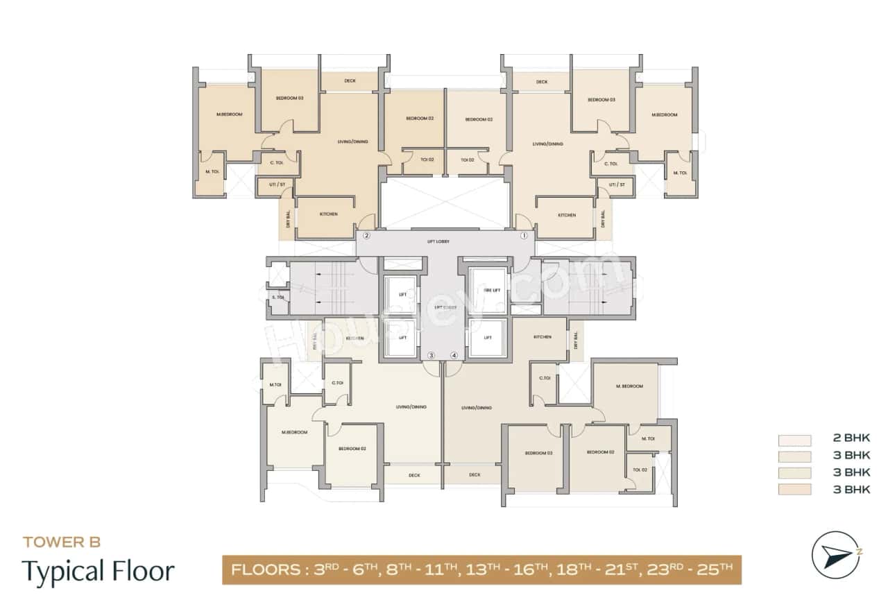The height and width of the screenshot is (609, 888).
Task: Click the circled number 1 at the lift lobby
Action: coord(525,236)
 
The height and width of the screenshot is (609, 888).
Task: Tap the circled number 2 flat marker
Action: coord(366,236)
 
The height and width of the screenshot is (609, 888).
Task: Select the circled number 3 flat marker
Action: coord(431,356)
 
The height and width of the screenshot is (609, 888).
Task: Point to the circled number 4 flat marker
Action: coord(454,356)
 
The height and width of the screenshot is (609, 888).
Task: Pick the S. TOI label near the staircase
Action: coord(277,298)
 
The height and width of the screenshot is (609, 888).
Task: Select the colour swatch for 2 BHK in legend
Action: coord(794,440)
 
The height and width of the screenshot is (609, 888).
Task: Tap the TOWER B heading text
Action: coord(62,542)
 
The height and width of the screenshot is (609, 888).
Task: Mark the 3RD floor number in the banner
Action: coord(325,570)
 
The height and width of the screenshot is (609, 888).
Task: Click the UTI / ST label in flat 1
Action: coord(617,185)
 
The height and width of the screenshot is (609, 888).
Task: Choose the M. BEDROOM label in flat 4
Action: coord(629,386)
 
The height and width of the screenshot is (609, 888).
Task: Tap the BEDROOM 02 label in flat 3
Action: coord(352,449)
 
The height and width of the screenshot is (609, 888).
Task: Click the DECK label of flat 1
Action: coord(542,82)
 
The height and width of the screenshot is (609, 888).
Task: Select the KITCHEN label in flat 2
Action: coord(329,214)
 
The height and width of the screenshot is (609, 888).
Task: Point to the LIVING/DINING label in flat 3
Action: coord(411,407)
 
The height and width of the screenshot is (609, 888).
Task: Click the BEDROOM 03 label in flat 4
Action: coord(538,453)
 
